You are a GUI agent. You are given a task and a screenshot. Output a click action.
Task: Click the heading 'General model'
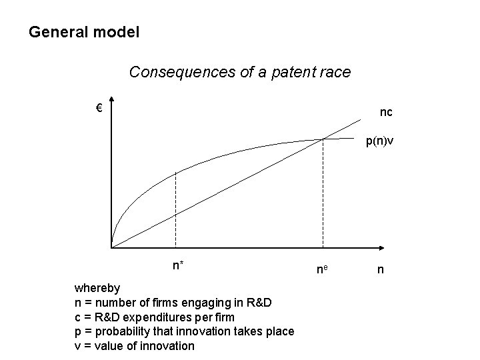84,31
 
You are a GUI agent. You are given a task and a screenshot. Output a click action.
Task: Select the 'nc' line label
386,113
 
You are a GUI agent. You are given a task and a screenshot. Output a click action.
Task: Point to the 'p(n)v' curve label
378,142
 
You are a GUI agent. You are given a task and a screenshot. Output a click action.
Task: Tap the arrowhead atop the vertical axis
111,102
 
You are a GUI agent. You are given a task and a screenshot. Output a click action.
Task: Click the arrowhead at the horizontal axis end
385,247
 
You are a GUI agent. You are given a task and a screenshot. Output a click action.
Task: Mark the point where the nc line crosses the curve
323,139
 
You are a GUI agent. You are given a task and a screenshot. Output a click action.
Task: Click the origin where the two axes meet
112,247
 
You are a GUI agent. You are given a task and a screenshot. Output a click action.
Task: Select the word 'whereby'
97,289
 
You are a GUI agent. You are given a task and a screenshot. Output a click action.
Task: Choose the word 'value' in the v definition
108,345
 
